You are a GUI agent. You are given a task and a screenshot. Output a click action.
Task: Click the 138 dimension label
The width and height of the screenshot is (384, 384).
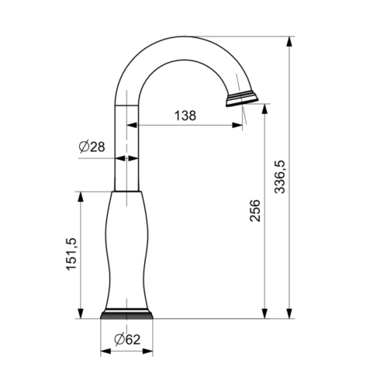pyautogui.click(x=185, y=116)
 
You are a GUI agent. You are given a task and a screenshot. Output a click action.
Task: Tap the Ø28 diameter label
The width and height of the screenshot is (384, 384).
pyautogui.click(x=92, y=147)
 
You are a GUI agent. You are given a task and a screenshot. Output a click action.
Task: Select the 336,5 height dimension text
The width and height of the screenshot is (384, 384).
pyautogui.click(x=279, y=177)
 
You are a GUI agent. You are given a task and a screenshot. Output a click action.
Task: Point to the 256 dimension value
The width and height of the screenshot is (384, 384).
pyautogui.click(x=255, y=210)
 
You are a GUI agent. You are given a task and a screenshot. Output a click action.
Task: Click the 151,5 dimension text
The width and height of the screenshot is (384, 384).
pyautogui.click(x=71, y=254)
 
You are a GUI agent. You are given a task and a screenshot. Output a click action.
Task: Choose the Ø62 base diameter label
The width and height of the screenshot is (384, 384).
pyautogui.click(x=127, y=339)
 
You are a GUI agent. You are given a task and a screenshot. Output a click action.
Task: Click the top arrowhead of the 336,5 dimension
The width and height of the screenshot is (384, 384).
pyautogui.click(x=289, y=42)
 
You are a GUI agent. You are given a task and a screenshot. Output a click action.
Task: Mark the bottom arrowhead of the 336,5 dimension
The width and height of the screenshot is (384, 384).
pyautogui.click(x=289, y=313)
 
